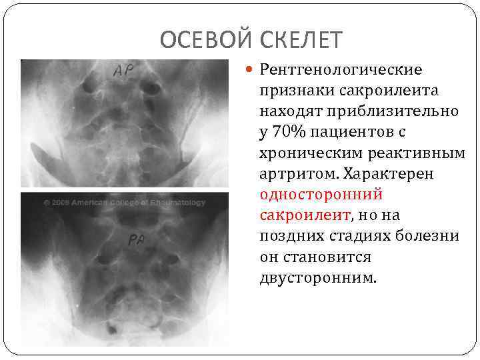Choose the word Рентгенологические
[341, 69]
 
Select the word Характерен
[380, 173]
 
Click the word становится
[327, 257]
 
